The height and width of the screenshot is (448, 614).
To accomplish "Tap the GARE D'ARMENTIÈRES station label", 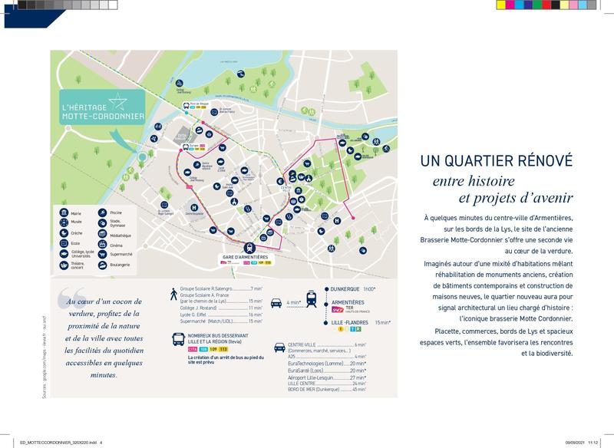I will [245, 256].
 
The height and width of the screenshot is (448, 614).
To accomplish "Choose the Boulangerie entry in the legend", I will [103, 265].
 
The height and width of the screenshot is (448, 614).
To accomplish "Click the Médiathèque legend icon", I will [103, 236].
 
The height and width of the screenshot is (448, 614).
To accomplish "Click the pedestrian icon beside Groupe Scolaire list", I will [174, 293].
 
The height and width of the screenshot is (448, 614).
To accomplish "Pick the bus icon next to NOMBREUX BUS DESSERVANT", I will [177, 338].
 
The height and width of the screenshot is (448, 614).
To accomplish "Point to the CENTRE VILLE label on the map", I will [285, 188].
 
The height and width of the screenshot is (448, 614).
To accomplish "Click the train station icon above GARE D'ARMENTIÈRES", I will [249, 247].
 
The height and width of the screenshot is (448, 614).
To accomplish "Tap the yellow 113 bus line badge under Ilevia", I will [223, 349].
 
